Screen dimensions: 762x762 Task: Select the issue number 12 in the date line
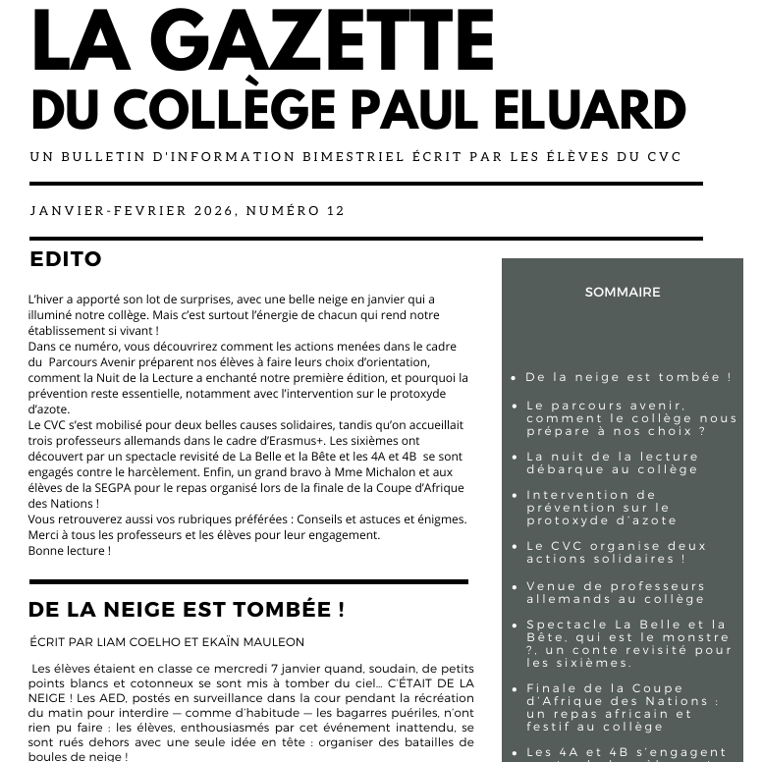pos(336,210)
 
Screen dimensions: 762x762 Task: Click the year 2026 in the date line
pos(214,210)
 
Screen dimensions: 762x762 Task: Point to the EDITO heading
pos(66,260)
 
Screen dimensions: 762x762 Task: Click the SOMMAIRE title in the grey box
pos(623,292)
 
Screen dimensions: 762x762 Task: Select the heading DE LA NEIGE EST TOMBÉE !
pos(187,610)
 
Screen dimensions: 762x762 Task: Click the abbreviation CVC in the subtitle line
pos(664,157)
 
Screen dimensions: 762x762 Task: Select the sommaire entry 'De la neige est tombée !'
pos(628,377)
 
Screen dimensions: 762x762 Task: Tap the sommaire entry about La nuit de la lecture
pos(613,463)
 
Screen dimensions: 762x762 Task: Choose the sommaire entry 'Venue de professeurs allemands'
pos(616,592)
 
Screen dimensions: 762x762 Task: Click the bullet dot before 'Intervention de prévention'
pos(515,496)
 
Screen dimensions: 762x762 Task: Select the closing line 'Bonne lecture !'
pos(70,550)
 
